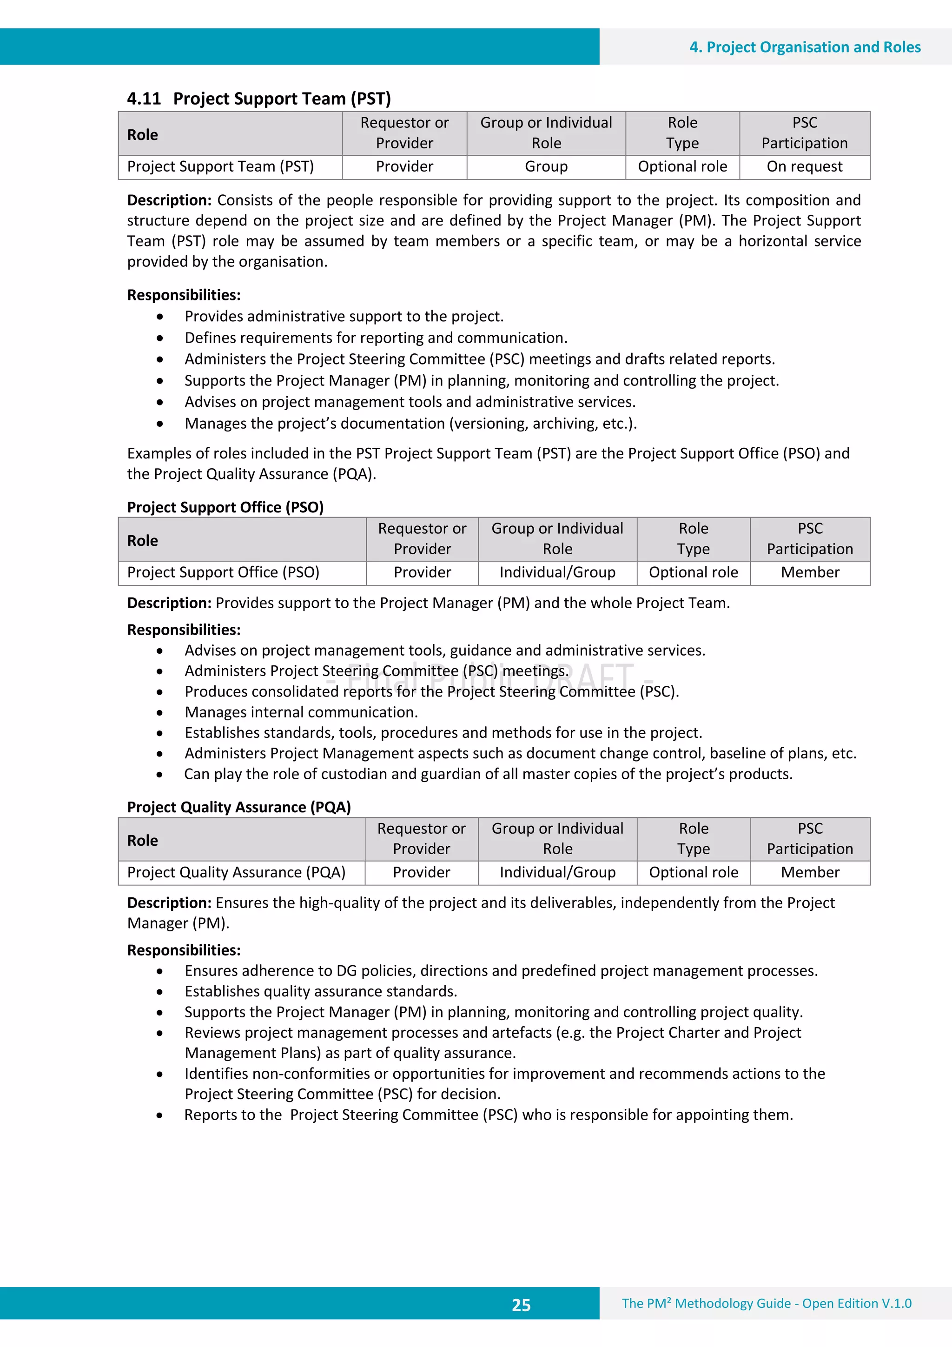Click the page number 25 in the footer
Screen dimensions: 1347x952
(x=521, y=1305)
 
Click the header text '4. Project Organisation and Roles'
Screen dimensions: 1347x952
(x=805, y=47)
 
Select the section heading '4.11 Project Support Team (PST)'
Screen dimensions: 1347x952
(x=258, y=99)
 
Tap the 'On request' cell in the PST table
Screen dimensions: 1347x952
(x=804, y=166)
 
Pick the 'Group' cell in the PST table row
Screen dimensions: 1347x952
(x=546, y=166)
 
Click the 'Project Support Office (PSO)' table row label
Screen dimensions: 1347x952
(x=223, y=572)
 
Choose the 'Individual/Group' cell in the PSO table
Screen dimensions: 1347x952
(x=557, y=572)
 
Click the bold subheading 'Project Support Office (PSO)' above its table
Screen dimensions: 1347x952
(x=225, y=507)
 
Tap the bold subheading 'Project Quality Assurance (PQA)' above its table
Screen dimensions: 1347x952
(x=239, y=807)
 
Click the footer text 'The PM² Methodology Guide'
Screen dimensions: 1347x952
(x=706, y=1304)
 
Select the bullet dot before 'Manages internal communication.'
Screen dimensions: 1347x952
(x=159, y=713)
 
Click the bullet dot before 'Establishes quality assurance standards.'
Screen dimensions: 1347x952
(x=159, y=992)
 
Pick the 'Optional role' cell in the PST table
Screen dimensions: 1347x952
(x=682, y=166)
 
